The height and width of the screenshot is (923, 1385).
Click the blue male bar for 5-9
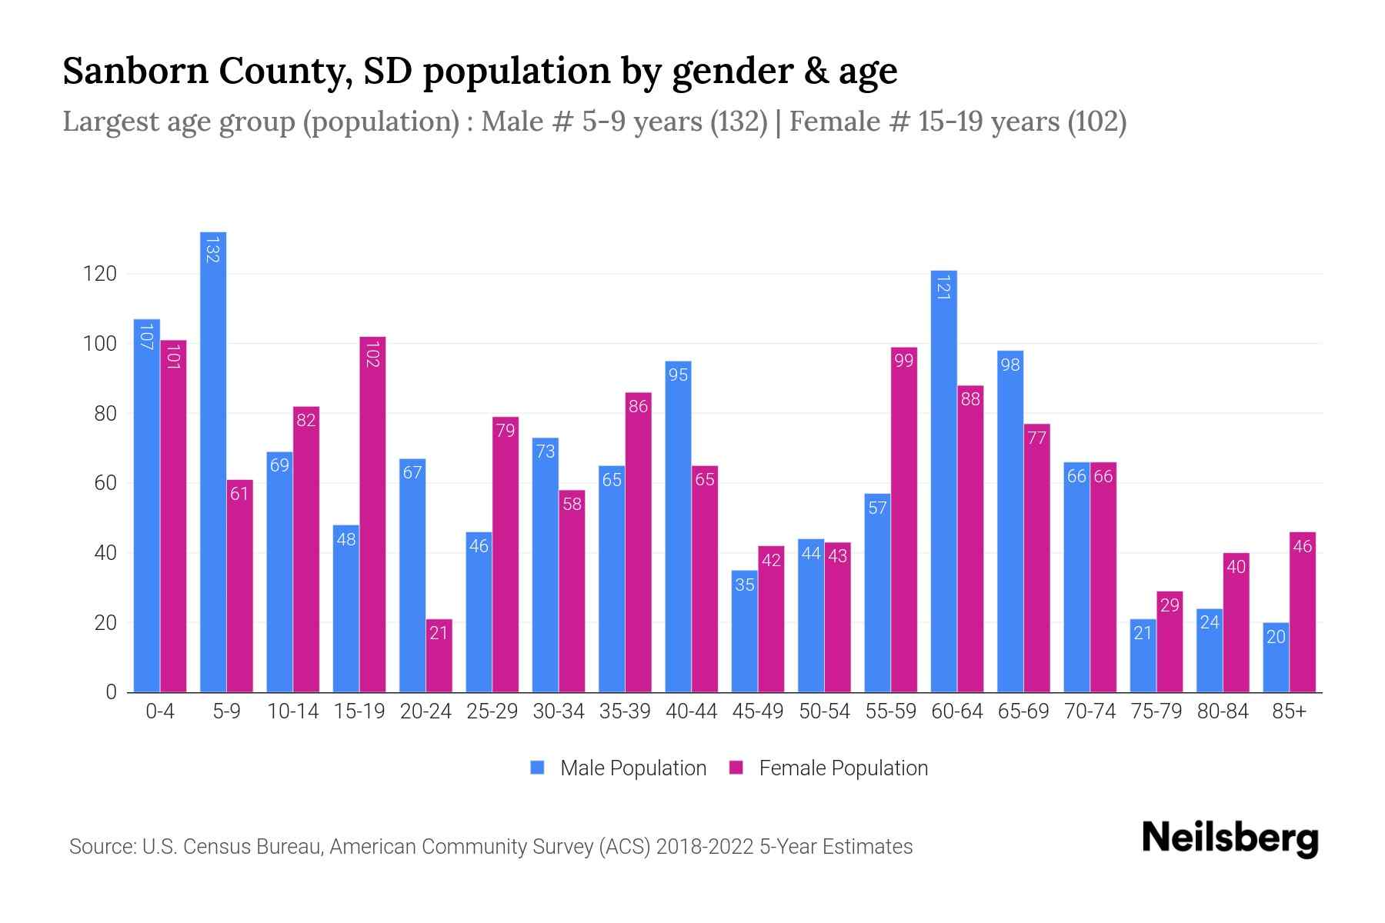coord(213,461)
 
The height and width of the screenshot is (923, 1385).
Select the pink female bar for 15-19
coord(372,515)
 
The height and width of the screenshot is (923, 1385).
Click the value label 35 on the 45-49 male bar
coord(744,585)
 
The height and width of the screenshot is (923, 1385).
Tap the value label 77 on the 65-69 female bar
coord(1036,438)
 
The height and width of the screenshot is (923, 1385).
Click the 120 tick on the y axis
coord(100,274)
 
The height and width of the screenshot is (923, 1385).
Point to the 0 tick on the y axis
coord(111,692)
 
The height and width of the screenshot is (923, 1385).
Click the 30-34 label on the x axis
coord(559,711)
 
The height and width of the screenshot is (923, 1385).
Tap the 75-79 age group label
coord(1156,711)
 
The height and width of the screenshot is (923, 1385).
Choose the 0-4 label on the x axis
coord(160,711)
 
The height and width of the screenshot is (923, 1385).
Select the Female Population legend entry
coord(829,768)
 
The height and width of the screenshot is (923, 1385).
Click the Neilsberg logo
coord(1230,838)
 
